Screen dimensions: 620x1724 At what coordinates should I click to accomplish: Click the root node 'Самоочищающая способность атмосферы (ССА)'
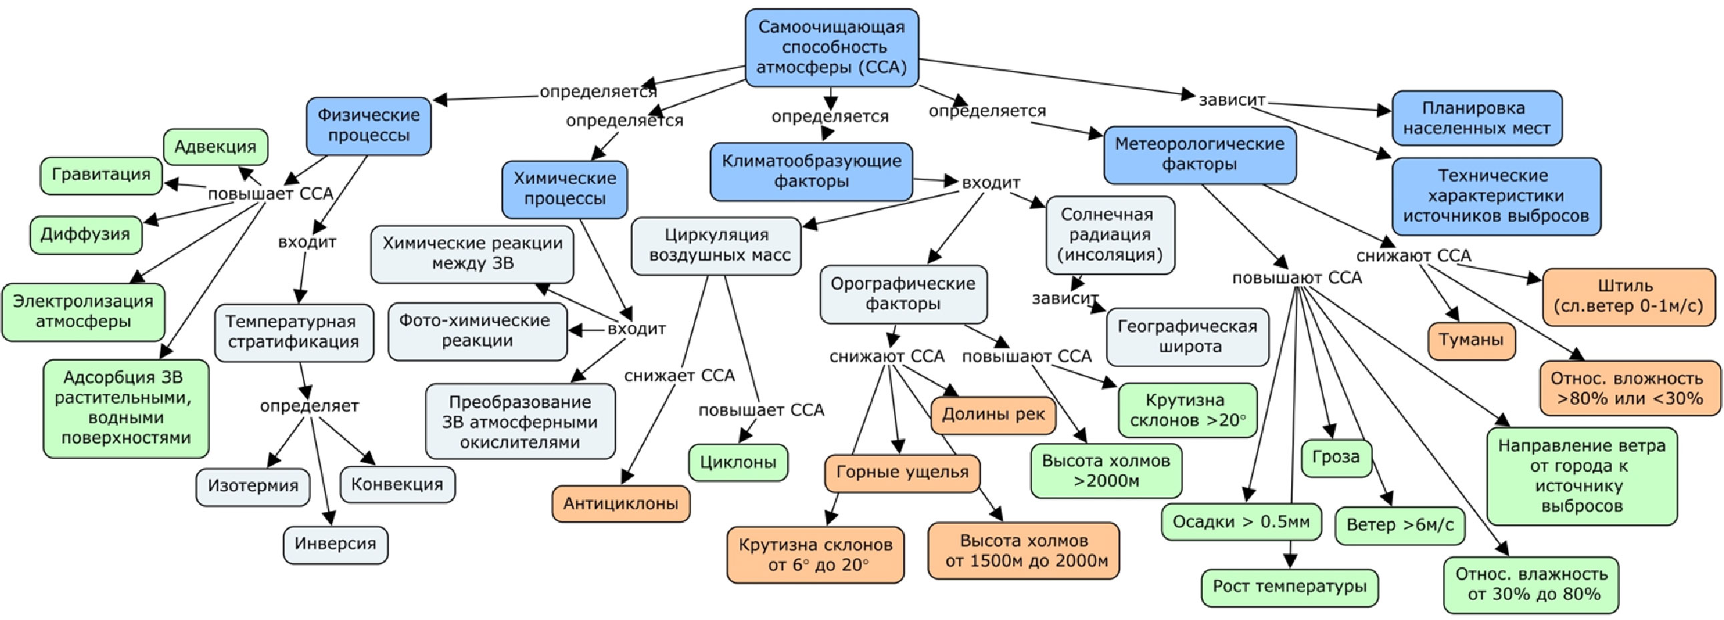831,47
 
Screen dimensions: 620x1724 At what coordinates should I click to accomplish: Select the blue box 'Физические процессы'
368,125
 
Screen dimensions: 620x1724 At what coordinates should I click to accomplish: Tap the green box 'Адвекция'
215,147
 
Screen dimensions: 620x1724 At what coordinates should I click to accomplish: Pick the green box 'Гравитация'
101,175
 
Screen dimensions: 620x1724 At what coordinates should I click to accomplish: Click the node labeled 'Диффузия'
85,234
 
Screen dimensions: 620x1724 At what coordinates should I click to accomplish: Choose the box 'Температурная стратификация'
293,332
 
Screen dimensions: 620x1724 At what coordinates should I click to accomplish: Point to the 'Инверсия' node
336,544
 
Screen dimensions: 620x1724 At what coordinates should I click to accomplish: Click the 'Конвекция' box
397,484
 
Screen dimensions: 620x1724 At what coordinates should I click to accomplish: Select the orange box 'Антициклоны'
620,503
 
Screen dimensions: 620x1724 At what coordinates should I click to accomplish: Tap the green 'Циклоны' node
737,462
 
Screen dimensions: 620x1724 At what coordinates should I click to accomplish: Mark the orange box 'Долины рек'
993,414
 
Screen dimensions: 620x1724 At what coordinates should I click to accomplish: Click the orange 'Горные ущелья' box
902,473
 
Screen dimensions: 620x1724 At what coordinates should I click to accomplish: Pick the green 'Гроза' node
1336,457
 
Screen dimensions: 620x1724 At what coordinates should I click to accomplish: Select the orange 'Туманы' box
1471,340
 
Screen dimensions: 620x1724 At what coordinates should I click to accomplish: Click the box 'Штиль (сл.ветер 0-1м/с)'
1628,296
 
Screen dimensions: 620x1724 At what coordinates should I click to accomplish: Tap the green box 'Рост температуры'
1289,587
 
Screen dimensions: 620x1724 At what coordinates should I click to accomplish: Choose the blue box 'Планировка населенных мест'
1476,118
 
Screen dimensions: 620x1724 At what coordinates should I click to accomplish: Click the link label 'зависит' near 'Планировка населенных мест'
1232,100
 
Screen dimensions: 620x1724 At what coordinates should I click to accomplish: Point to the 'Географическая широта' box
1188,337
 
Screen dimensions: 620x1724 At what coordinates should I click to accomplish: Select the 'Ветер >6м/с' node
1399,525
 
